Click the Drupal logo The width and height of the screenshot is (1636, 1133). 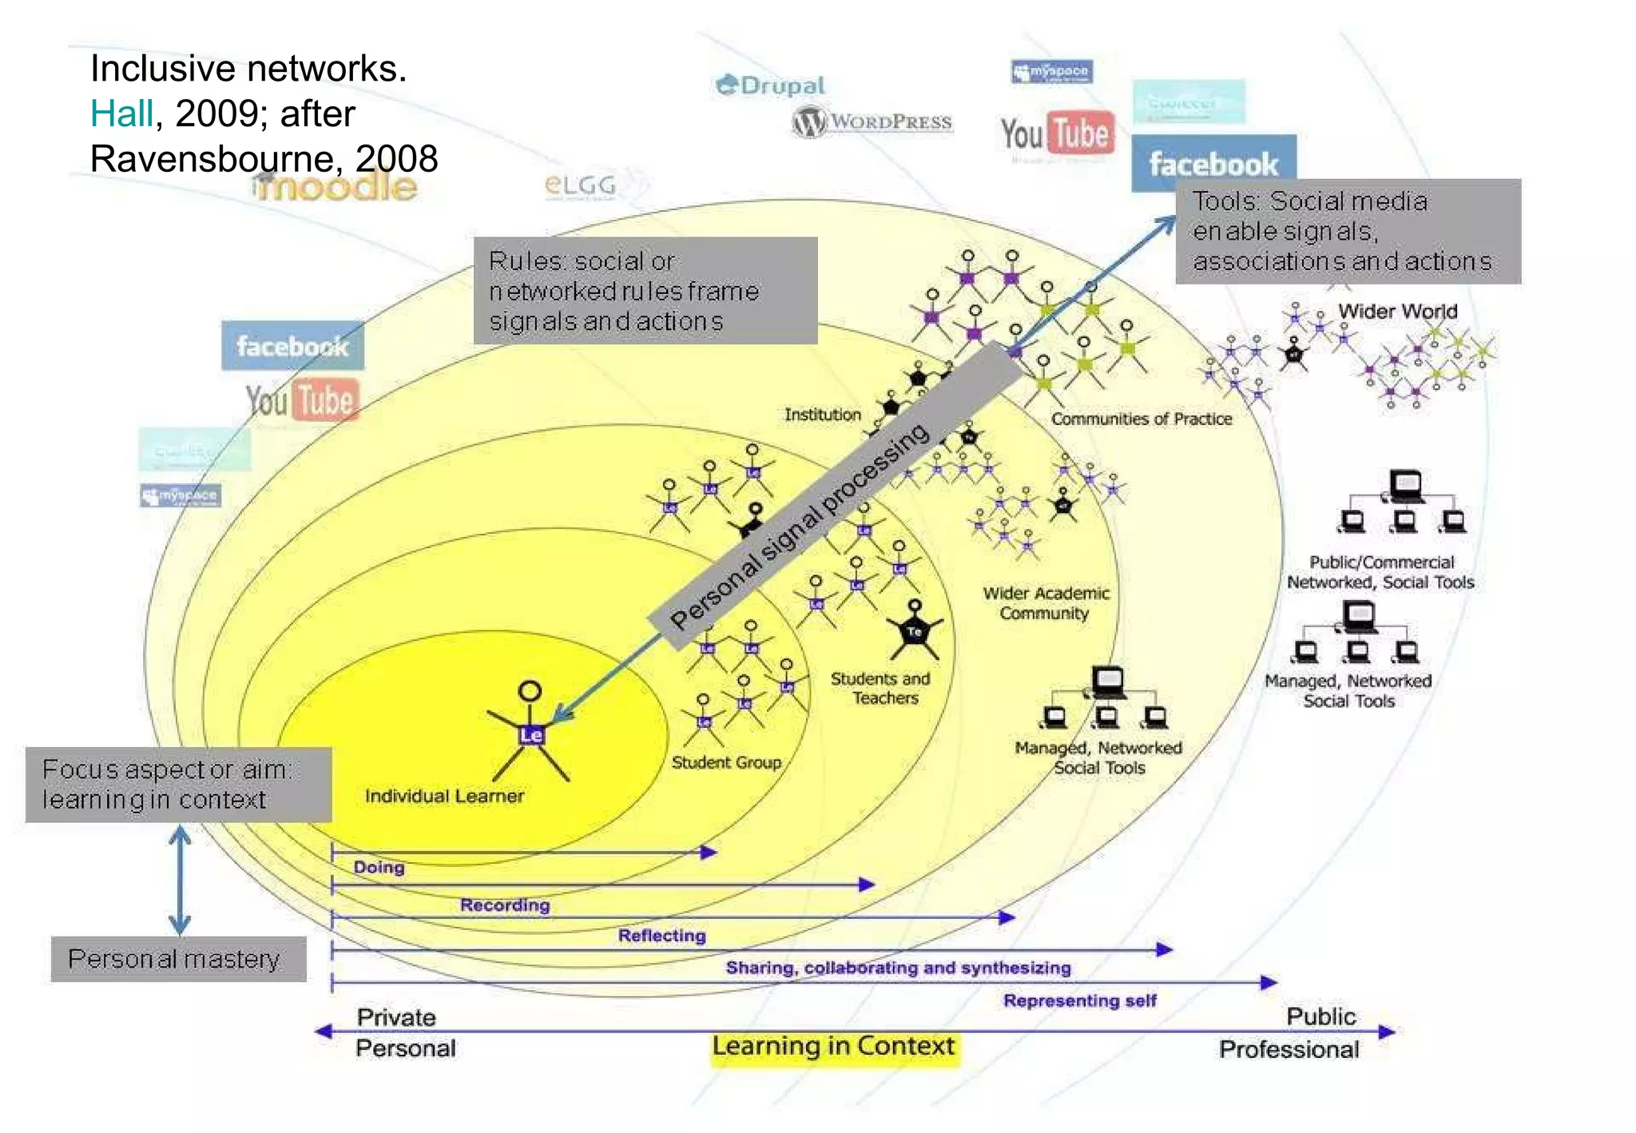[x=770, y=85]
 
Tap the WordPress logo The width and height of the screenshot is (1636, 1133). [x=872, y=122]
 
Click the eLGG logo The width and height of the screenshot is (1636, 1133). [x=580, y=185]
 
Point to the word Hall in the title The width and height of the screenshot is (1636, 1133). [x=121, y=113]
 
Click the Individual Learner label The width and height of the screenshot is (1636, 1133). [x=444, y=796]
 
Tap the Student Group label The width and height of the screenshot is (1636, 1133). [x=725, y=762]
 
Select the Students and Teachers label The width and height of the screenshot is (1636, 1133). [x=881, y=688]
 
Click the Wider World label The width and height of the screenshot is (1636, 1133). [x=1398, y=311]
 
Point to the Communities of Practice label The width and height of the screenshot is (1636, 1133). [x=1141, y=419]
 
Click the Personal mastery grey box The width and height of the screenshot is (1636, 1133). [x=177, y=959]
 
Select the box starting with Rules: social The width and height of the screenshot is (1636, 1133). [x=645, y=291]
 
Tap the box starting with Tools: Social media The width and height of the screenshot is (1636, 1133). [x=1348, y=231]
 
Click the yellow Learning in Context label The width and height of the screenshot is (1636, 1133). [x=833, y=1046]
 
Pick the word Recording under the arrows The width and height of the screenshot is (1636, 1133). [x=505, y=905]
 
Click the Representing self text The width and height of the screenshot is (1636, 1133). [x=1079, y=1000]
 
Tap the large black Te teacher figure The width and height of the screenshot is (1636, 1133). [x=915, y=631]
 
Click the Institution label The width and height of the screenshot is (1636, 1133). [x=822, y=415]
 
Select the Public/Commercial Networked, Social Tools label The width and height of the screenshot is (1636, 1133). [x=1380, y=572]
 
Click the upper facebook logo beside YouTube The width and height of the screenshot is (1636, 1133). [x=1213, y=164]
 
